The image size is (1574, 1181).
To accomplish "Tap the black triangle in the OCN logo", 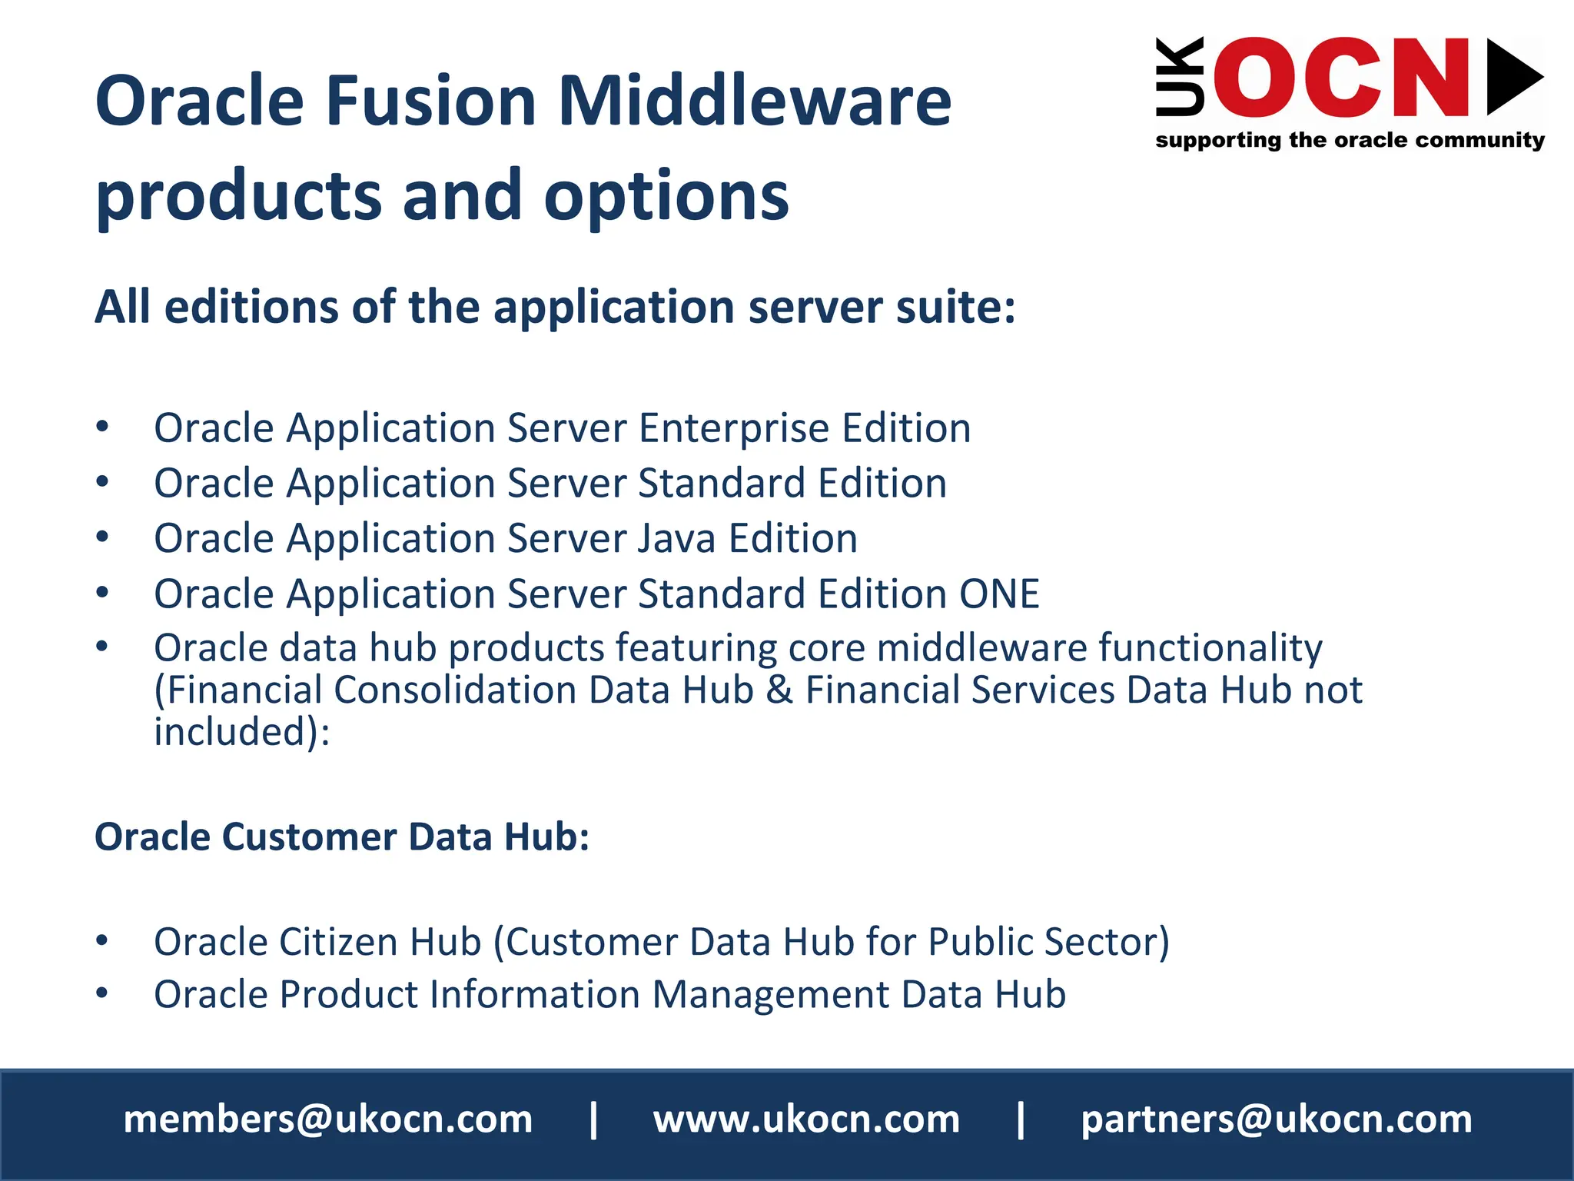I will click(1513, 77).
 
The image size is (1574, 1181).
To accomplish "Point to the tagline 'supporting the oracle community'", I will click(1350, 140).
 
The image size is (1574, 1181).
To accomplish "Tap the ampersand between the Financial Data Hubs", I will click(779, 690).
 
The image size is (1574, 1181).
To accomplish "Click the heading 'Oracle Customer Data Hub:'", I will click(342, 837).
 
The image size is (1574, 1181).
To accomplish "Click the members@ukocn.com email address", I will click(328, 1119).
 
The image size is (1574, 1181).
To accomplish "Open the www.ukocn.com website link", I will click(806, 1119).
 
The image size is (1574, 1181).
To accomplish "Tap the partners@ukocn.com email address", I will click(1277, 1119).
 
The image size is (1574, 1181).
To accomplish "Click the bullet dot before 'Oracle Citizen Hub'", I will click(102, 940).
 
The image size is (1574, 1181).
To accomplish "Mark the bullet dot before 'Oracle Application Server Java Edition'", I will click(102, 537).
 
